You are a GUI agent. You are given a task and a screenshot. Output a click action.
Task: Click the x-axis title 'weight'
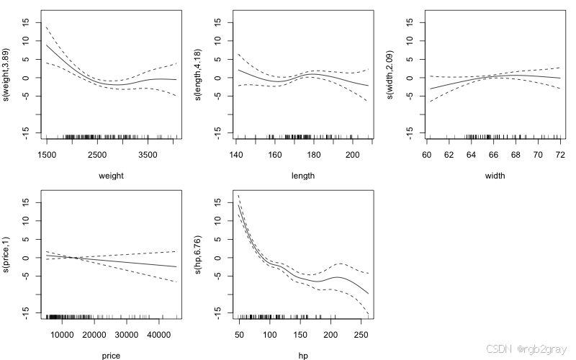[x=111, y=175]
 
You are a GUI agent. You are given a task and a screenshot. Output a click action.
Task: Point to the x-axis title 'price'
[x=111, y=355]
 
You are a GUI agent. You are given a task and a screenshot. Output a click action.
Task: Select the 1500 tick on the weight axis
[x=47, y=154]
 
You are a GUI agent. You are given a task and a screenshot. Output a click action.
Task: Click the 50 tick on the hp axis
[x=239, y=334]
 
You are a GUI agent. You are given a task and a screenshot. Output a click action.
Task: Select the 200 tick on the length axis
[x=352, y=154]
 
